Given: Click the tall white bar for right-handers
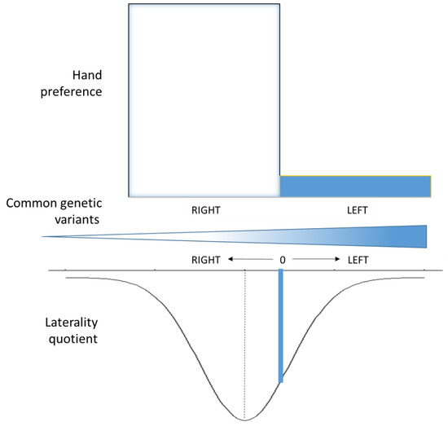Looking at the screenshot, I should (204, 98).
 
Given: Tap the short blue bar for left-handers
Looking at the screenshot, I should (354, 186).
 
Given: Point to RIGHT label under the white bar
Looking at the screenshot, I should (206, 210).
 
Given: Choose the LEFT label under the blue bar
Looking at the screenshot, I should (356, 210).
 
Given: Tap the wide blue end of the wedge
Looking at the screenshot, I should (415, 236).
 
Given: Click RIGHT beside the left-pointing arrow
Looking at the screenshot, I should (206, 261).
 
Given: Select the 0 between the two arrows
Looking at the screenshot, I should (281, 261).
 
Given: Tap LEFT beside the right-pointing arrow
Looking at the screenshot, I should (357, 261).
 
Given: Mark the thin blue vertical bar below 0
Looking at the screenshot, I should (281, 326).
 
